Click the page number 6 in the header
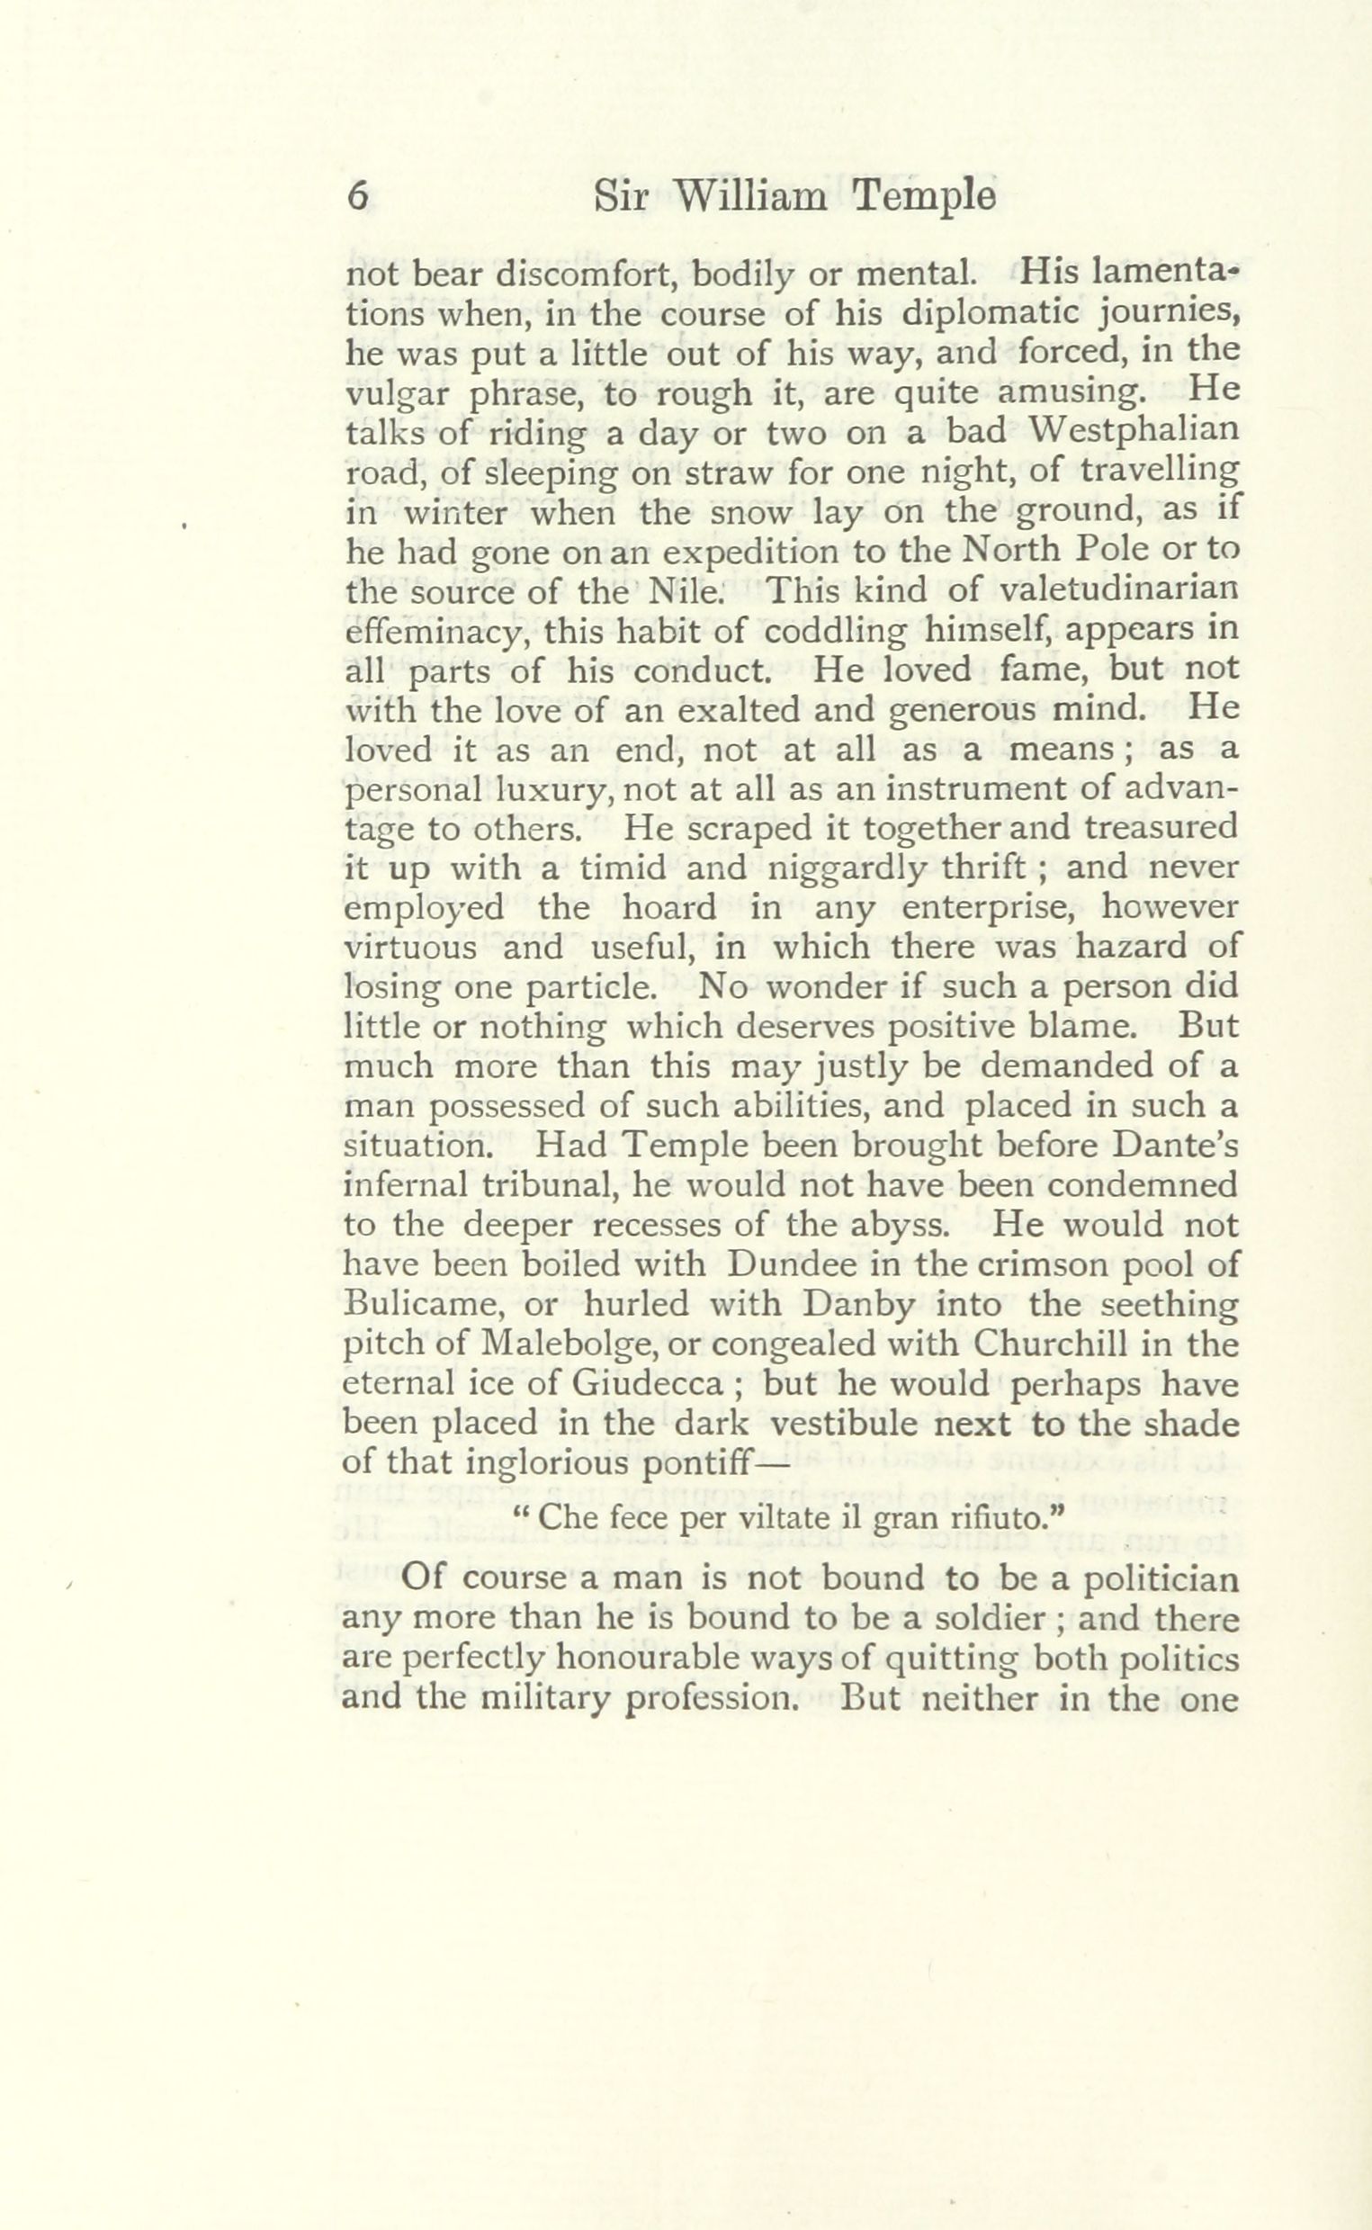[x=358, y=198]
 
